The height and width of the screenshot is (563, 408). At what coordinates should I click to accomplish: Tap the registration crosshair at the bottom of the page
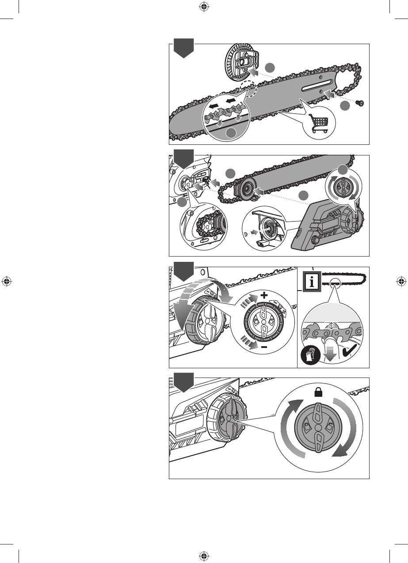pyautogui.click(x=204, y=555)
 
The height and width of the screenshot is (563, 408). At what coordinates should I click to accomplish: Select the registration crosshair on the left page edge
pyautogui.click(x=7, y=281)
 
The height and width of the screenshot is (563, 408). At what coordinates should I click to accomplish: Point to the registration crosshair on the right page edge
pyautogui.click(x=401, y=281)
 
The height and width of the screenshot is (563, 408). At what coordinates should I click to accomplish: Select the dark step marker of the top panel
pyautogui.click(x=183, y=47)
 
